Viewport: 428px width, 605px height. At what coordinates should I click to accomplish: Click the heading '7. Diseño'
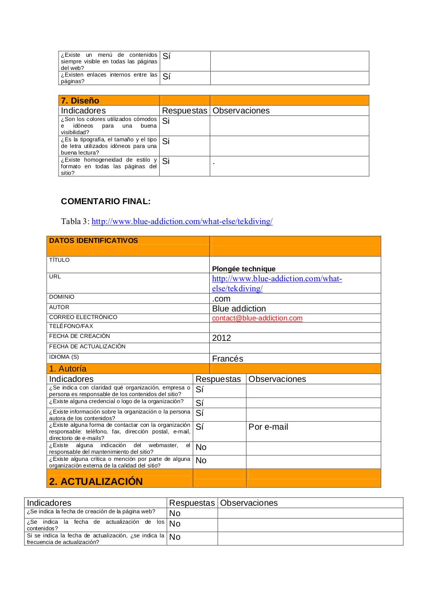click(80, 101)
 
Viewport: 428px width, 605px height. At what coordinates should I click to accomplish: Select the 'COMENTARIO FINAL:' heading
click(106, 201)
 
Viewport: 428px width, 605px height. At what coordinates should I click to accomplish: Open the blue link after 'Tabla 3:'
click(182, 221)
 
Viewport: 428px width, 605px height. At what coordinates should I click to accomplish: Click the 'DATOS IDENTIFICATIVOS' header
click(94, 241)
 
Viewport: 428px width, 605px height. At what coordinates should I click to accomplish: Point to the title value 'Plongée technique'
click(244, 269)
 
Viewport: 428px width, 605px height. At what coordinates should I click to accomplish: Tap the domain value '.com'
click(221, 299)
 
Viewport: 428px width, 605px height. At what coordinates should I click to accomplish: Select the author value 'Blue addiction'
click(239, 309)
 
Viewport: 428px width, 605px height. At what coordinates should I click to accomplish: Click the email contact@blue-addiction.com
click(257, 318)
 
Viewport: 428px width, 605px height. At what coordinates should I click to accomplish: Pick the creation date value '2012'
click(222, 338)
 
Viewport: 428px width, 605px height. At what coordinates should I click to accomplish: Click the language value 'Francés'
click(228, 359)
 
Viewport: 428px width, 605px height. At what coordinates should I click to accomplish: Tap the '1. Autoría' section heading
click(68, 369)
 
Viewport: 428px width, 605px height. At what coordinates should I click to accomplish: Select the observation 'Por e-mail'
click(268, 427)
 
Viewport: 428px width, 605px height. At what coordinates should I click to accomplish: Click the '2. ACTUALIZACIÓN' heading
click(96, 481)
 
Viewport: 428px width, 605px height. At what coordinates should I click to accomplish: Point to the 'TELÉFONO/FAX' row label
click(71, 326)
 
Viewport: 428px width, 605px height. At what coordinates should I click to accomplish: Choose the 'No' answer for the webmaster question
click(201, 447)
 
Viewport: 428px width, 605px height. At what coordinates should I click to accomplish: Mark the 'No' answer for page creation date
click(175, 513)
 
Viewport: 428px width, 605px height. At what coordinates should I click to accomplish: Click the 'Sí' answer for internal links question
click(166, 77)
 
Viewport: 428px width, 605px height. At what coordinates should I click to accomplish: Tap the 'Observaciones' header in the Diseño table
click(241, 111)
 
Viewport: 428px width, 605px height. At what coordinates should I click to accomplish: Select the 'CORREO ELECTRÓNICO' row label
click(83, 317)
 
